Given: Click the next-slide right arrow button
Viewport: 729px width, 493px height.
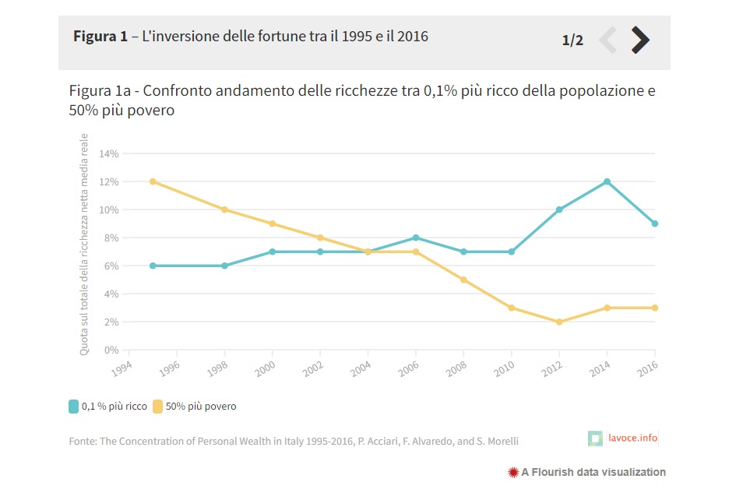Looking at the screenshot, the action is coord(640,40).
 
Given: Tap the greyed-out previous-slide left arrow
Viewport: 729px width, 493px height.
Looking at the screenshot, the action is coord(608,40).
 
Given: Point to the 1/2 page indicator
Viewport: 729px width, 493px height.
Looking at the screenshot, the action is coord(572,40).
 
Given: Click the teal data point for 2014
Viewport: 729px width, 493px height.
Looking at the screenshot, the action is coord(607,181).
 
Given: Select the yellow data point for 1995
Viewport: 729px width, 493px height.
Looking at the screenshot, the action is coord(153,181).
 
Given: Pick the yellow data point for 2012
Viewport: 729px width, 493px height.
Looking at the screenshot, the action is coord(559,322).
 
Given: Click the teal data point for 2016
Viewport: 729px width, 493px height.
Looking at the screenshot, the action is coord(654,224).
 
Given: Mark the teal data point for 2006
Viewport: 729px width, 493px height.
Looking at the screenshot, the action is coord(416,238).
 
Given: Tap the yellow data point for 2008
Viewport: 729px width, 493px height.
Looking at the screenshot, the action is coord(463,280).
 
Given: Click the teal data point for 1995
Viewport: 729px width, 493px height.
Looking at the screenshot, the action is coord(153,266).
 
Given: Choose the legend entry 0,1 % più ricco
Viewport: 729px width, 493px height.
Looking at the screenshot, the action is coord(107,407).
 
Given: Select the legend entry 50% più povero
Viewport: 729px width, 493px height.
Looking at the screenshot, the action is coord(195,407).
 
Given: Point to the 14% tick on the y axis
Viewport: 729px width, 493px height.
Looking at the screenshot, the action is coord(109,154).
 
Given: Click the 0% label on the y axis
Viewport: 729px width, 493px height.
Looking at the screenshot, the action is coord(111,350).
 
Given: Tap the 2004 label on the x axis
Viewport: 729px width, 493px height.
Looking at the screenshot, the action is coord(361,369).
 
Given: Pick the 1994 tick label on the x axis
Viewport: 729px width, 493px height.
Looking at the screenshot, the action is coord(121,369).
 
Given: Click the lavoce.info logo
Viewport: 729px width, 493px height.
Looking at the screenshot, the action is coord(623,438).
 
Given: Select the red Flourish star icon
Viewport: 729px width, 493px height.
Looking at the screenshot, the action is coord(513,473).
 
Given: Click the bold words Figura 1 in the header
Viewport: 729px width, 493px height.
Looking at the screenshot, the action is coord(100,37).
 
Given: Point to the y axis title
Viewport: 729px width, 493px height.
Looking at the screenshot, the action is coord(83,245).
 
